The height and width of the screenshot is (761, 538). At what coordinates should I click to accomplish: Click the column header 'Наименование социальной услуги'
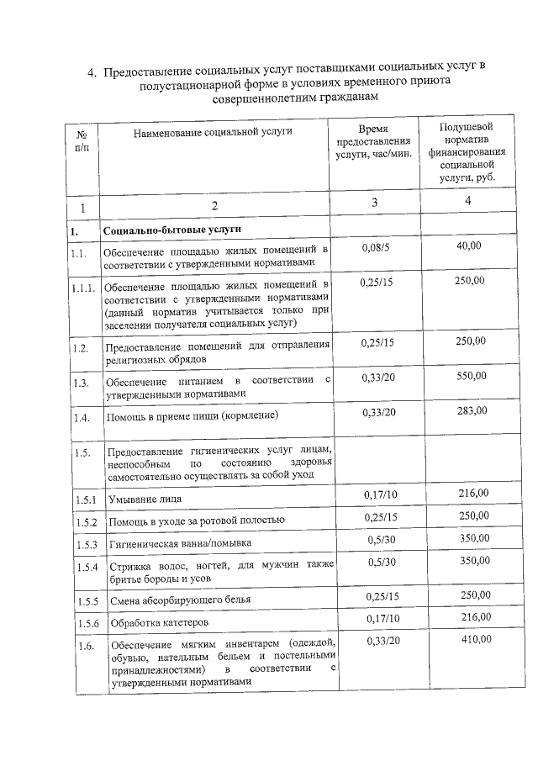(213, 133)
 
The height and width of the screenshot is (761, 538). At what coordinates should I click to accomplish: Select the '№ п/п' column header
(82, 140)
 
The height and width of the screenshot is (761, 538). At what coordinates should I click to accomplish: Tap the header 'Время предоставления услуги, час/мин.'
(374, 141)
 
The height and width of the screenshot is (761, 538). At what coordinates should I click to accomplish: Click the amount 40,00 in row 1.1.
(468, 246)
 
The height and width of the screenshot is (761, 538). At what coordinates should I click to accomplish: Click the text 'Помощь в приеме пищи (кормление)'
(191, 416)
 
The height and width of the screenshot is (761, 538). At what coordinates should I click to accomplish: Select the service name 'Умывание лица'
(142, 499)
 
